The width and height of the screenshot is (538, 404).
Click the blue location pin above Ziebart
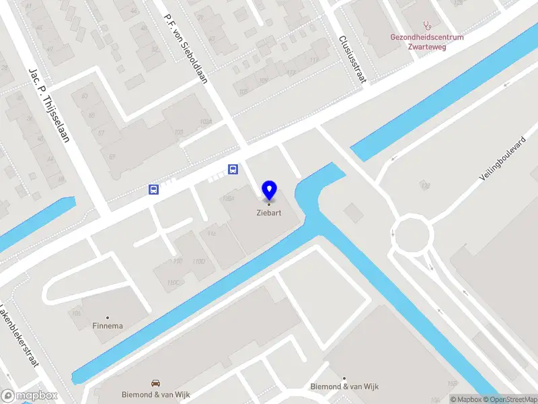(x=269, y=190)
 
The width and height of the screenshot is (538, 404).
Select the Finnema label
(x=108, y=327)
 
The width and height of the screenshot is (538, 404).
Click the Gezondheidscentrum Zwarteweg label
(x=427, y=42)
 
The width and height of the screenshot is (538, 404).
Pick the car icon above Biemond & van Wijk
(x=156, y=382)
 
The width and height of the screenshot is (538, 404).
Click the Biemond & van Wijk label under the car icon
(x=156, y=394)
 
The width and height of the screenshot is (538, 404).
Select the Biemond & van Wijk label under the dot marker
(x=344, y=386)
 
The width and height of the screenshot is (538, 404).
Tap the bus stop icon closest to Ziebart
(x=233, y=169)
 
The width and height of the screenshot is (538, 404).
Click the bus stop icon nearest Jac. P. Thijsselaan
(x=153, y=190)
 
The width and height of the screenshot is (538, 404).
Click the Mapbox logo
(x=30, y=396)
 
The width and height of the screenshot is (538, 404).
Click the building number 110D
(x=199, y=261)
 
